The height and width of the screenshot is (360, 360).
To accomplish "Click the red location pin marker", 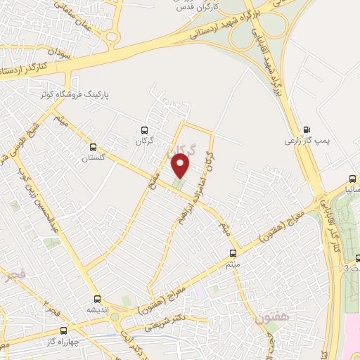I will pos(181,166).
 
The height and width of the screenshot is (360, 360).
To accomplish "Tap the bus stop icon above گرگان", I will pos(144,130).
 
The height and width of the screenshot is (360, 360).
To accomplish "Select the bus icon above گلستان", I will pos(93,147).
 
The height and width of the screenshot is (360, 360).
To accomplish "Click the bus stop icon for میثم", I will pos(233,252).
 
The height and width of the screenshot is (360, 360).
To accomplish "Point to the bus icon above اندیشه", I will pos(96,298).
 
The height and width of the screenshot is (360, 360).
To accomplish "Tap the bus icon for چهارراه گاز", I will pos(63,329).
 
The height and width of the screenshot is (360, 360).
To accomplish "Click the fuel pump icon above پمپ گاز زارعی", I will pos(306,129).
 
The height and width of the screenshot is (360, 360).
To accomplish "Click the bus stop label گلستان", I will pos(92,158).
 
